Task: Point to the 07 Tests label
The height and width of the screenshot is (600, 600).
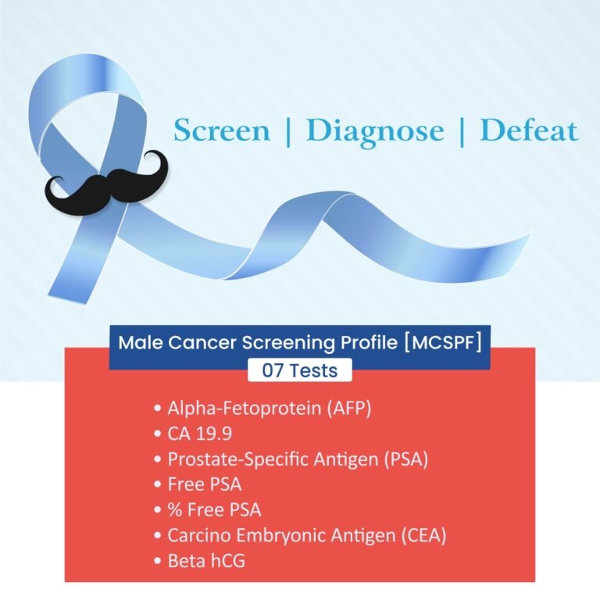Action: click(x=300, y=370)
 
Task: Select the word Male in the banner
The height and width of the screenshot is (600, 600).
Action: click(x=137, y=342)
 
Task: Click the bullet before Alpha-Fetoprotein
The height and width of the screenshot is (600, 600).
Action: click(x=159, y=408)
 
